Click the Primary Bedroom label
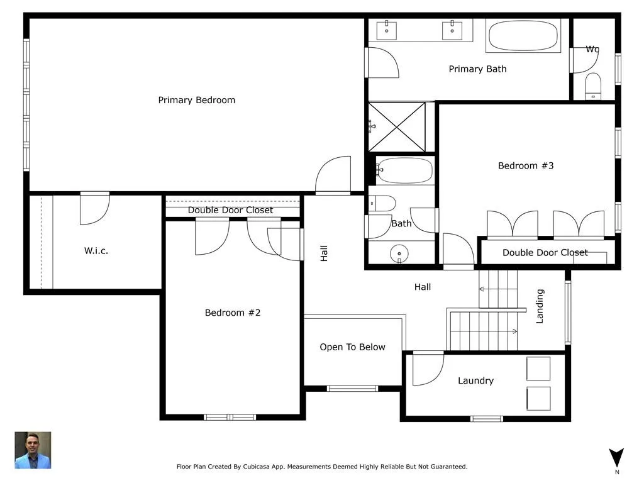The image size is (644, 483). point(197,100)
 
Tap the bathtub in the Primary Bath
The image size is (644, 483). point(523,36)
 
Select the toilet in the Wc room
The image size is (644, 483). point(592,86)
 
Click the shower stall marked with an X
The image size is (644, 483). point(397,127)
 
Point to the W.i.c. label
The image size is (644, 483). point(96,250)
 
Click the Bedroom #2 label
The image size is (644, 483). point(233,313)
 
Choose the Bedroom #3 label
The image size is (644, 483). point(526,166)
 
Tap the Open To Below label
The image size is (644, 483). point(352,347)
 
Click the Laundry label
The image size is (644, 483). point(475,380)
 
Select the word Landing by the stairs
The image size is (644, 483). point(540,306)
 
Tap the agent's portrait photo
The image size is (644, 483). point(33,450)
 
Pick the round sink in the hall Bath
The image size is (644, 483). point(399,253)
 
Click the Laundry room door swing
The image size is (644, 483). point(428,369)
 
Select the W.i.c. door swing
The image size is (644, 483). point(94,209)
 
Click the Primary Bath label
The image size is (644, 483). point(478,69)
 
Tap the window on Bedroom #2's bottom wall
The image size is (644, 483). point(230,418)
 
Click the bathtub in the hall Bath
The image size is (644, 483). point(404,170)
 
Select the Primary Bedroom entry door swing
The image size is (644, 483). point(333,174)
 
